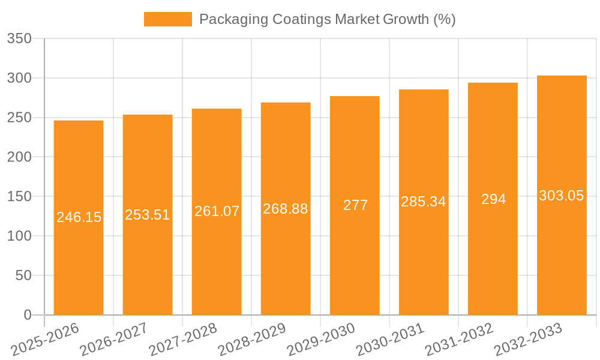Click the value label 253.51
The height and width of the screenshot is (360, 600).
point(148,215)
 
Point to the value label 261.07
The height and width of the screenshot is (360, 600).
point(217,211)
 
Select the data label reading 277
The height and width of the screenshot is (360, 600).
point(355,205)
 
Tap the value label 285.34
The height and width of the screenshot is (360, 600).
point(424,202)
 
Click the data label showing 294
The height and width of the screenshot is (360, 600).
point(493,199)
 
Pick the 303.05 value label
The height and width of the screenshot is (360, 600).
point(562,196)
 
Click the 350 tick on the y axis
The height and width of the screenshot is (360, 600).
point(19,39)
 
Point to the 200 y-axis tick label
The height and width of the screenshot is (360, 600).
point(19,157)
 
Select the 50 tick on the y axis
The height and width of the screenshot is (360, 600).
point(23,276)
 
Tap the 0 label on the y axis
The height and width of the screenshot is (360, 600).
point(28,315)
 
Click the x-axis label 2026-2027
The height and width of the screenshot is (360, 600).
point(114,339)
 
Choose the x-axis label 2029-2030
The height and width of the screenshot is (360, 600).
point(321,339)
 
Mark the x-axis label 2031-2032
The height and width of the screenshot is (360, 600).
point(459,339)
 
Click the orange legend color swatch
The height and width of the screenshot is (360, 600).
point(167,19)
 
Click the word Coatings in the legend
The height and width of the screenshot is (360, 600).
point(302,19)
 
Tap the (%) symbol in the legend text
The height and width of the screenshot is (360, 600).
point(444,19)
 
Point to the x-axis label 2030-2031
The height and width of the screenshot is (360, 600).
point(390,339)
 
